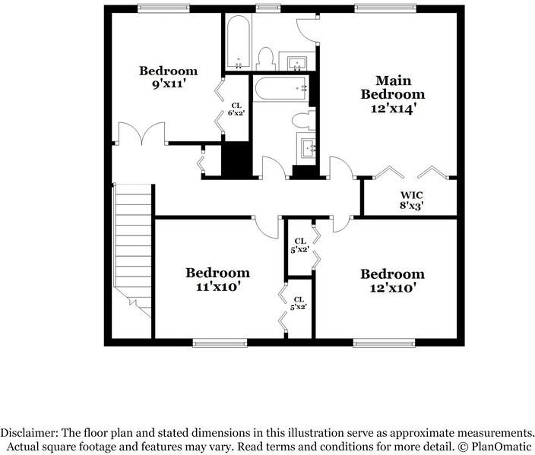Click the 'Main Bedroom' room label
392,87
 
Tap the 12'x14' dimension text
392,109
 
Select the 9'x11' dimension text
168,84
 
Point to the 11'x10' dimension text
217,287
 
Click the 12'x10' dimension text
392,288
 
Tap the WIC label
411,194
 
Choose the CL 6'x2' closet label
236,109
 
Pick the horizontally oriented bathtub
280,88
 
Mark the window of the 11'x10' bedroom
214,343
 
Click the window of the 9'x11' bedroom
163,8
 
